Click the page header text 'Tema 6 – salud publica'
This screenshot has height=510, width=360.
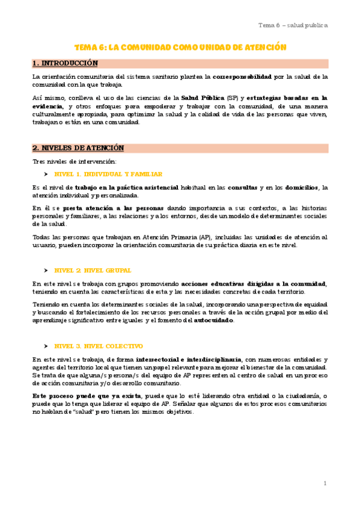click(x=293, y=25)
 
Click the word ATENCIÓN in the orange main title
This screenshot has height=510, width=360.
click(x=262, y=47)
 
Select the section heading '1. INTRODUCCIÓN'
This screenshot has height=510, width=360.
click(x=65, y=63)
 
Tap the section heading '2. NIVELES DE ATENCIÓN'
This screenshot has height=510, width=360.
click(x=78, y=148)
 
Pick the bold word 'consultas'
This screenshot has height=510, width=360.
click(x=243, y=187)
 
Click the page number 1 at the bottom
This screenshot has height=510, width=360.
click(x=325, y=483)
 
